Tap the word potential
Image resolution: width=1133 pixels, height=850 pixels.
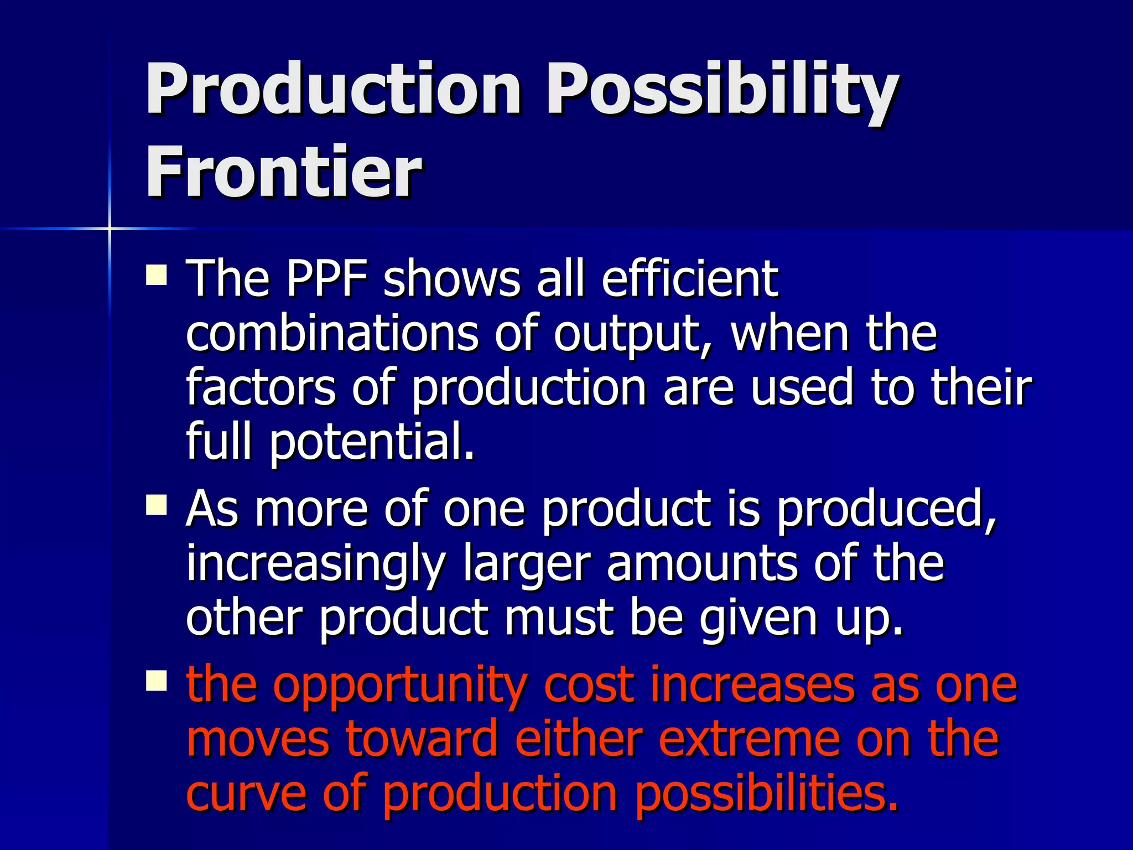(372, 442)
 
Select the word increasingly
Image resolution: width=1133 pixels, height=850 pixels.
(315, 564)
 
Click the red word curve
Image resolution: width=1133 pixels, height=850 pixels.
(246, 794)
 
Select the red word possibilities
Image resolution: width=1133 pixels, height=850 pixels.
(766, 795)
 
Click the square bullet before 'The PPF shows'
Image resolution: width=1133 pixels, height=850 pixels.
(157, 275)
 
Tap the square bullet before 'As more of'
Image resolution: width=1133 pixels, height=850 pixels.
(157, 505)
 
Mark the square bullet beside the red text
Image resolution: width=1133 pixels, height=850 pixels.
(157, 681)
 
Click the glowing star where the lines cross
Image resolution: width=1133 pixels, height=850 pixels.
(110, 228)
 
